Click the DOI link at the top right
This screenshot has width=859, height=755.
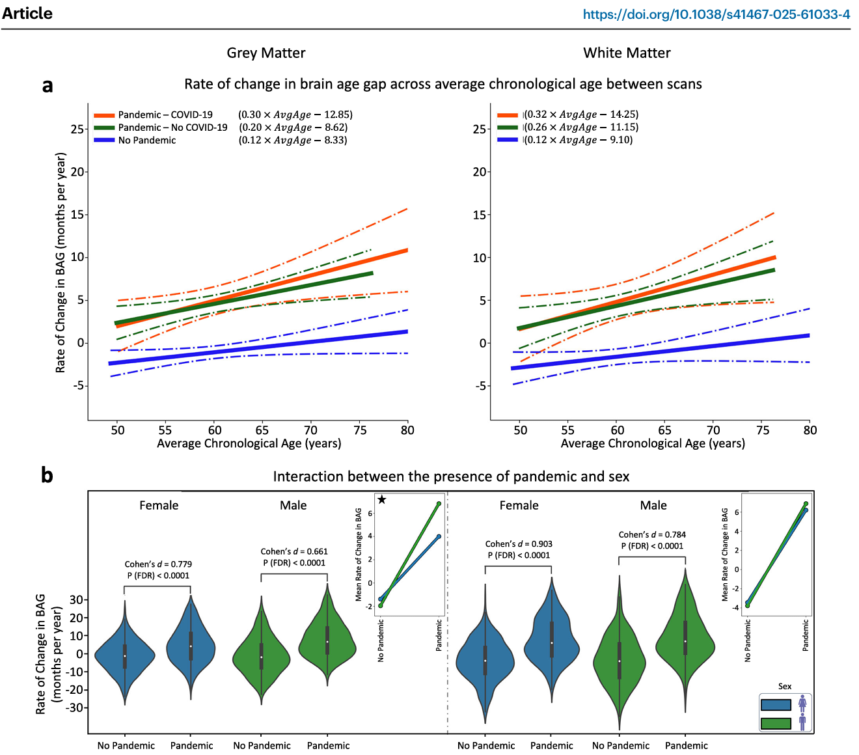pos(716,14)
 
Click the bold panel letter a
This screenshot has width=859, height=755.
pos(47,85)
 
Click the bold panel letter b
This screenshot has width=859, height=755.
pos(47,475)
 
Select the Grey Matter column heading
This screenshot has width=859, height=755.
pos(266,53)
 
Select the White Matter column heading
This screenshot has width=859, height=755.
pos(627,53)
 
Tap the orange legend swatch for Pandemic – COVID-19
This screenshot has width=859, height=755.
pos(104,115)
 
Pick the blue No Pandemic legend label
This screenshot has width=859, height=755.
pos(147,140)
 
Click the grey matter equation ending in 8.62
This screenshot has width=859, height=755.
pos(293,128)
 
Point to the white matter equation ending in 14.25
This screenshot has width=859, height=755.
pos(582,115)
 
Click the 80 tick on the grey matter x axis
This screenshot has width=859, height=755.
pos(407,430)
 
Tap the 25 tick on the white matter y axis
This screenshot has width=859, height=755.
pos(480,129)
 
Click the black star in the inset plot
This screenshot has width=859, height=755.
pos(382,500)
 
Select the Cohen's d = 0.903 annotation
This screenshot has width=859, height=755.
pos(519,544)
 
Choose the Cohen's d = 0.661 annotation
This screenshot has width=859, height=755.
pos(294,552)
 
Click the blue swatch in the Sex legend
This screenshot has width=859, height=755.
pos(776,705)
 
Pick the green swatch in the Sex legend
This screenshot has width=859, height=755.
pos(776,723)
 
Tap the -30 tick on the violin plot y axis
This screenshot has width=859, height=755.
pos(76,708)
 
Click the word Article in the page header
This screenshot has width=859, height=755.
pos(27,14)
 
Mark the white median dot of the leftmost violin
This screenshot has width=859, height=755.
pos(124,656)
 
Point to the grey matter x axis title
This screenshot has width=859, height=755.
pos(249,444)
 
